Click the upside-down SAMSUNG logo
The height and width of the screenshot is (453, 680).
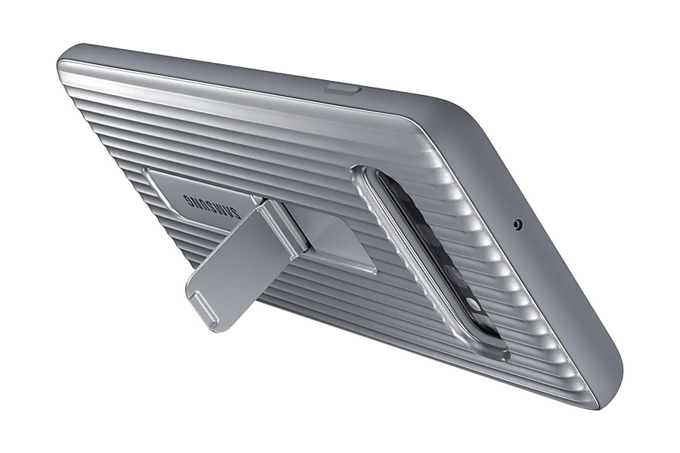click(212, 206)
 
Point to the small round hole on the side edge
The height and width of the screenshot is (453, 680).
click(518, 224)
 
